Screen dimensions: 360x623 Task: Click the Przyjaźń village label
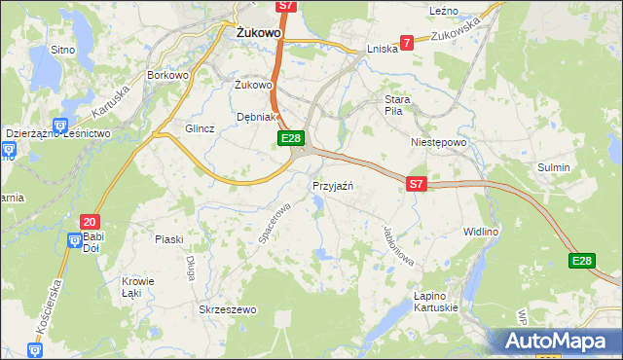(x=338, y=186)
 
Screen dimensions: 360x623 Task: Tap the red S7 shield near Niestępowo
(x=417, y=183)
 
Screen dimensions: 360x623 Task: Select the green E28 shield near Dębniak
(x=291, y=139)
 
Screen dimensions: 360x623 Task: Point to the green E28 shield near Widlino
(x=582, y=261)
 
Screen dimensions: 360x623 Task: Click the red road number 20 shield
(x=91, y=222)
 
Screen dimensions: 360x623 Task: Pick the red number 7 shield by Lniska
(x=407, y=42)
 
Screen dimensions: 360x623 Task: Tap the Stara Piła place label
(x=399, y=105)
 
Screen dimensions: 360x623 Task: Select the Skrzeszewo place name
(x=226, y=309)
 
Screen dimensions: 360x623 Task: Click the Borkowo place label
(x=165, y=74)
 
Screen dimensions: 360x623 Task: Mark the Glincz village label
(x=200, y=128)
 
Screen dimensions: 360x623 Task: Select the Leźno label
(x=443, y=10)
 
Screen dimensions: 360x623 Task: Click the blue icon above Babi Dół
(x=75, y=239)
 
